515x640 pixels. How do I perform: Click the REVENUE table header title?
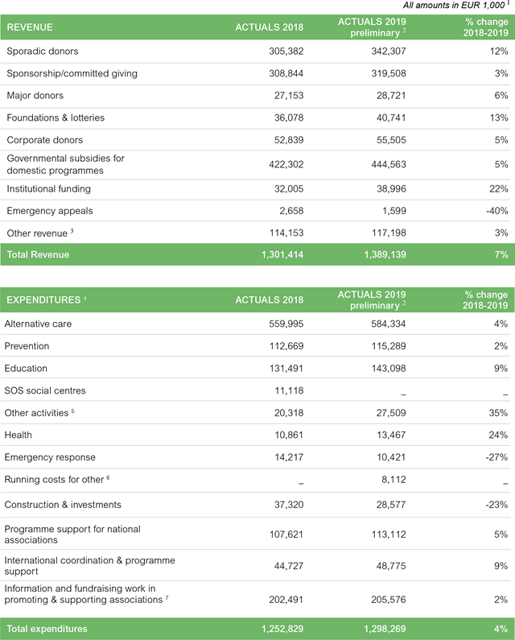(x=30, y=27)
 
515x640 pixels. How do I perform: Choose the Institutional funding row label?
(x=48, y=189)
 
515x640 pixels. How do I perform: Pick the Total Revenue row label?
(x=38, y=255)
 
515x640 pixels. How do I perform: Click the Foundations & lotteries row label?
(x=56, y=118)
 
